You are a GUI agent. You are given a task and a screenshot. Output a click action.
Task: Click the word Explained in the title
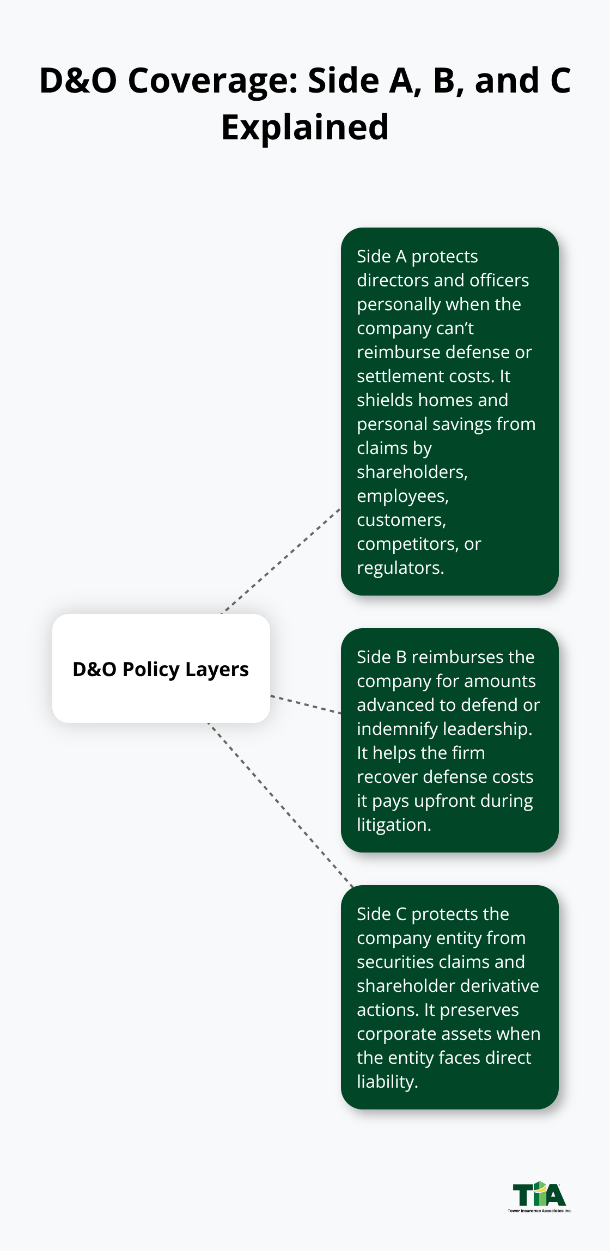[305, 127]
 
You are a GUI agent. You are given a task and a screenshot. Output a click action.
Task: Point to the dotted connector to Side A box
[280, 561]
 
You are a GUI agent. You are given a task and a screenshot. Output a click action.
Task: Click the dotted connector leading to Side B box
[305, 704]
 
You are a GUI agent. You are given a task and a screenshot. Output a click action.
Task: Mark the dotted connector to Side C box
[280, 805]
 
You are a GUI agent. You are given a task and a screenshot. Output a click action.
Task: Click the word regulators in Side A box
[400, 568]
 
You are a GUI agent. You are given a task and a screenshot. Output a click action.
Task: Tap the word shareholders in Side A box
[411, 472]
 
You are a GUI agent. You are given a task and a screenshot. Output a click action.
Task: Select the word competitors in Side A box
[407, 544]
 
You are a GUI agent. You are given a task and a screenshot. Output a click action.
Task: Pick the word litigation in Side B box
[393, 825]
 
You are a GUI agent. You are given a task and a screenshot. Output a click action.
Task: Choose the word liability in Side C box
[387, 1082]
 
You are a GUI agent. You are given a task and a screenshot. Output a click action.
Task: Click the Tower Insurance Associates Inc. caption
[539, 1211]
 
